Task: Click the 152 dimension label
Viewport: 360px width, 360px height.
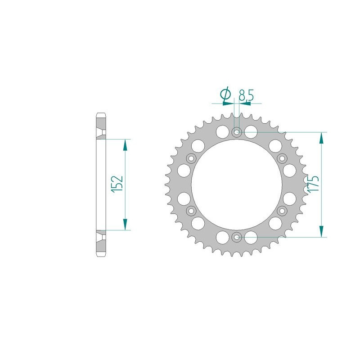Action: [x=118, y=184]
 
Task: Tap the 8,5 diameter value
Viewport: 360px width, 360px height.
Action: [x=246, y=95]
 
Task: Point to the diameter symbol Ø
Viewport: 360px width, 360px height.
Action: [x=225, y=94]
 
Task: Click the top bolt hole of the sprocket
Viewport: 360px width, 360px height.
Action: [x=237, y=132]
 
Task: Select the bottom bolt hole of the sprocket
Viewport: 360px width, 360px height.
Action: [x=237, y=237]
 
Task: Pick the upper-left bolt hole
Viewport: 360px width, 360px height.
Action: [x=191, y=158]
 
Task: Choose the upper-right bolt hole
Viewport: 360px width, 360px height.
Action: [x=282, y=158]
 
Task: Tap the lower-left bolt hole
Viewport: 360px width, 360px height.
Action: [x=191, y=211]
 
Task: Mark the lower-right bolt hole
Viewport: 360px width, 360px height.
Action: [x=282, y=211]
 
